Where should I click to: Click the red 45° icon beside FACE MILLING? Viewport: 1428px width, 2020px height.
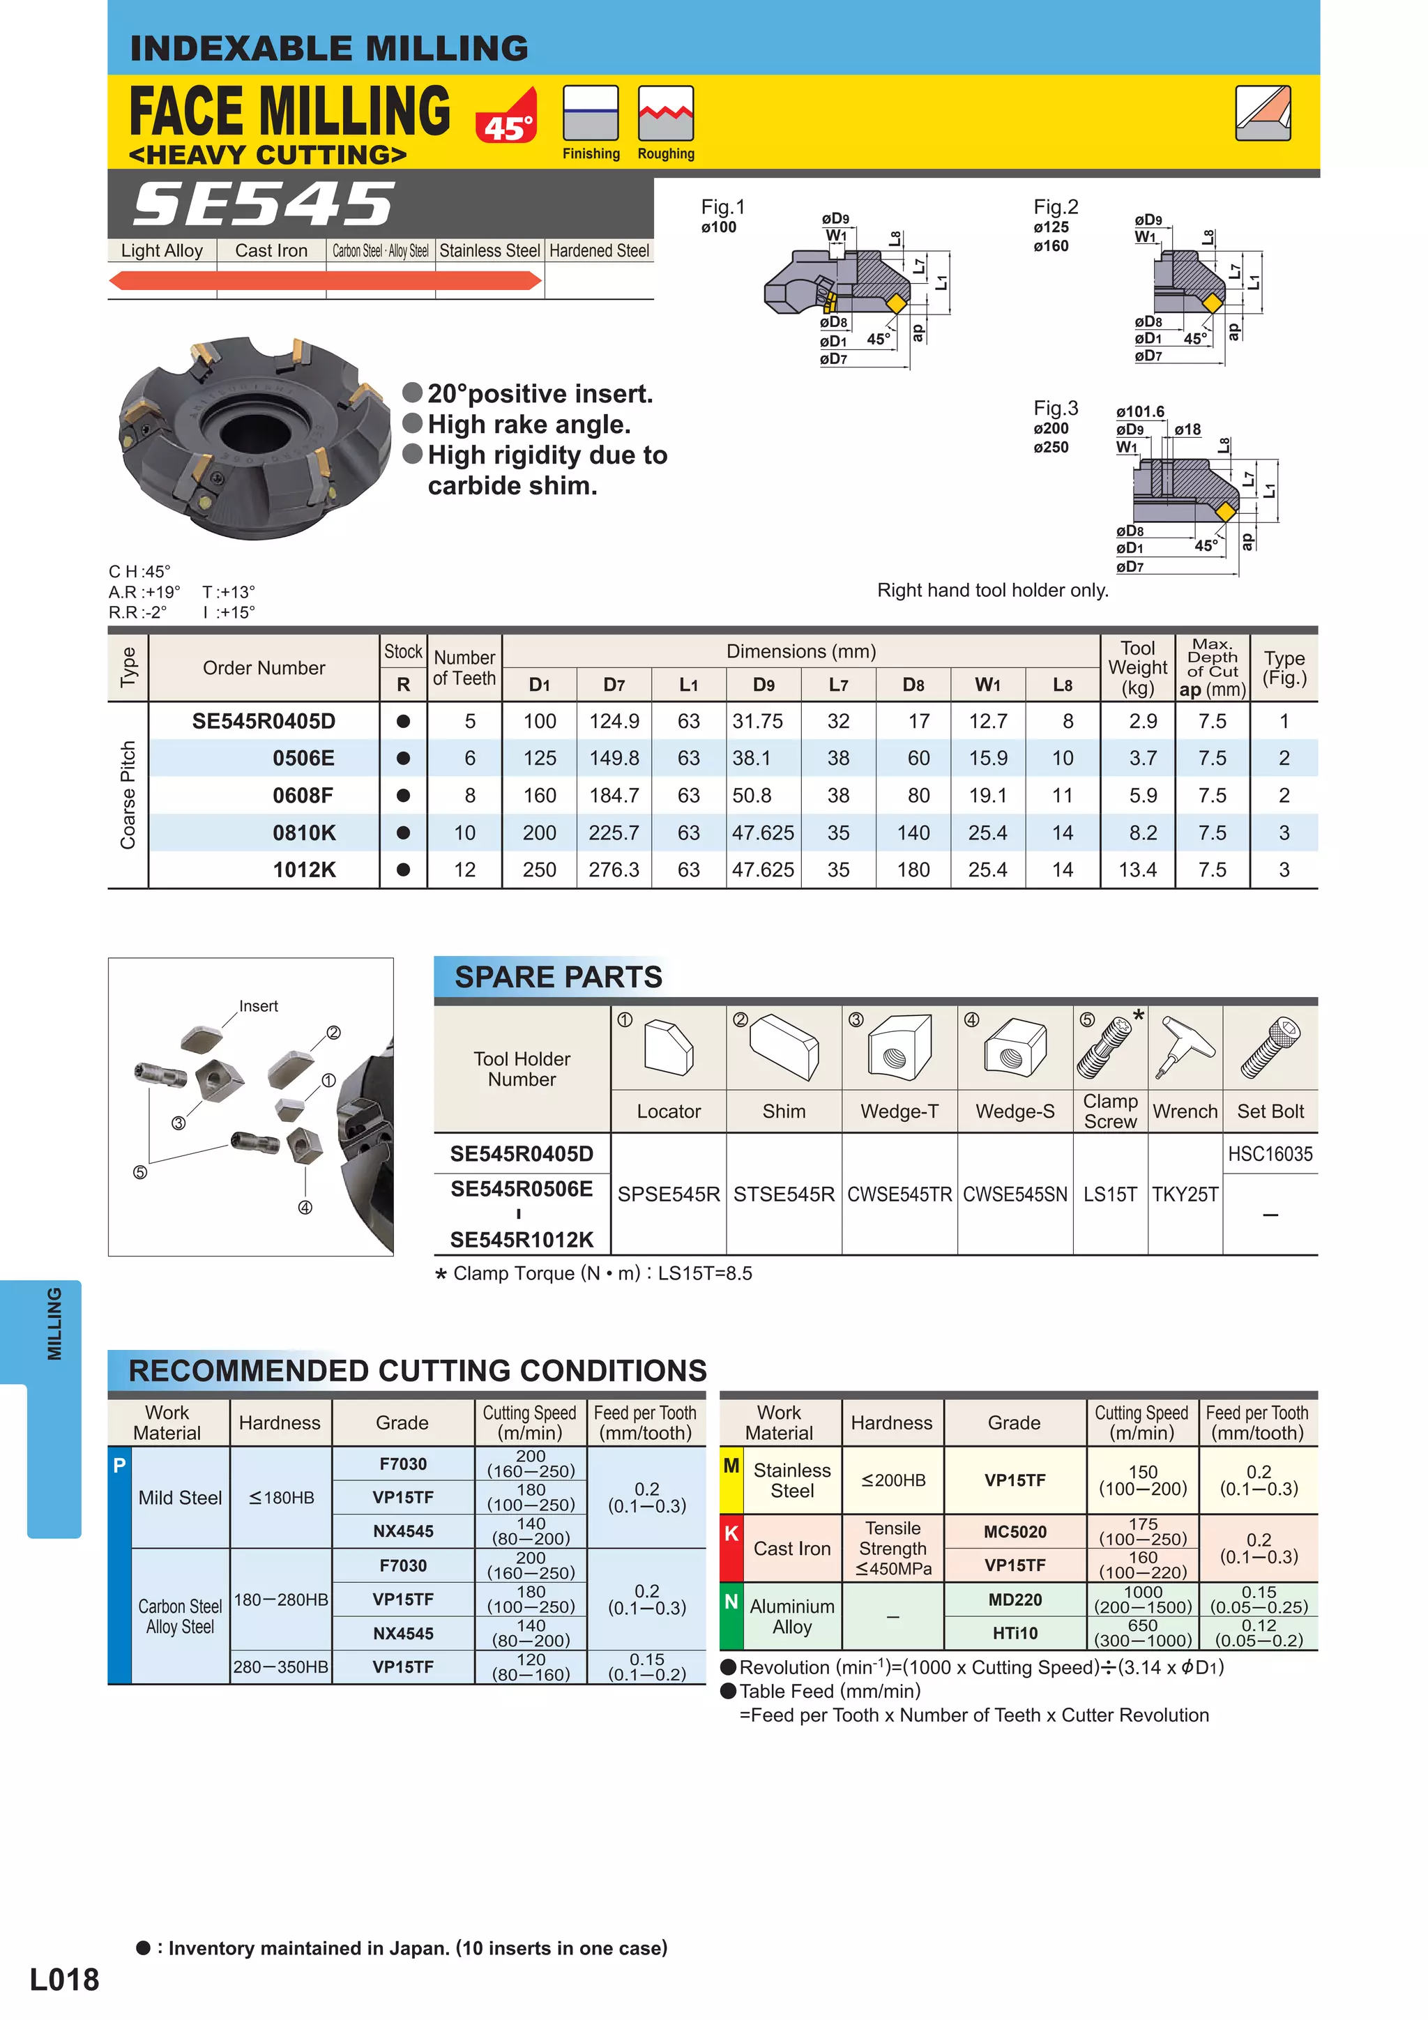(x=506, y=117)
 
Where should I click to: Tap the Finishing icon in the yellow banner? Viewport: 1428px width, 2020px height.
(x=591, y=114)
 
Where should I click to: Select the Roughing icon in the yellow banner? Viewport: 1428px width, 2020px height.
(x=665, y=114)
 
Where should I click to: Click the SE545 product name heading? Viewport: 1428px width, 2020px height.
(x=264, y=204)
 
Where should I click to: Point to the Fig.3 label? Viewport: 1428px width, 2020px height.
(x=1055, y=408)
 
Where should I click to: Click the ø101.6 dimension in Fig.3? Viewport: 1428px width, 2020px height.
(x=1139, y=412)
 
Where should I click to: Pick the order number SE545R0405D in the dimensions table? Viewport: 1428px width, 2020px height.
(x=264, y=722)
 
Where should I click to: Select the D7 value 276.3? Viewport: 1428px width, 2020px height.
(x=614, y=870)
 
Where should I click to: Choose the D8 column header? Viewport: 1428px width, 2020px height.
(x=913, y=685)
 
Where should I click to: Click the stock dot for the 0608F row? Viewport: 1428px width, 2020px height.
(x=403, y=796)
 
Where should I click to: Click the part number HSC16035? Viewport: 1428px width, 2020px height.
(x=1270, y=1153)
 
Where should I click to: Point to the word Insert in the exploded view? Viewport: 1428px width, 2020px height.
(x=258, y=1005)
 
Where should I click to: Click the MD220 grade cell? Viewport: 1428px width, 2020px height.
(x=1015, y=1600)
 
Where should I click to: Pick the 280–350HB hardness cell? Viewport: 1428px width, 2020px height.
(x=281, y=1666)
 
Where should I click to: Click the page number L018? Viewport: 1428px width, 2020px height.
(x=64, y=1980)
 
